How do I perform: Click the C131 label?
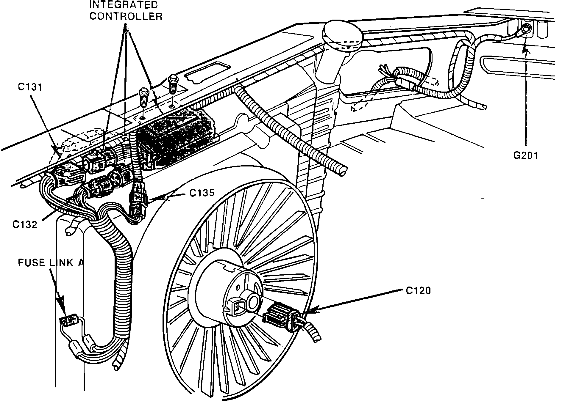pyautogui.click(x=29, y=87)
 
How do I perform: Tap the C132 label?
pyautogui.click(x=25, y=224)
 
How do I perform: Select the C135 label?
pyautogui.click(x=202, y=193)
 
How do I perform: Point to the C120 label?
pyautogui.click(x=419, y=290)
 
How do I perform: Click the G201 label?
pyautogui.click(x=526, y=155)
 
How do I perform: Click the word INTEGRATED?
pyautogui.click(x=124, y=5)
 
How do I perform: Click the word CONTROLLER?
pyautogui.click(x=126, y=16)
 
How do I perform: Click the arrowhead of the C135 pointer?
pyautogui.click(x=152, y=199)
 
